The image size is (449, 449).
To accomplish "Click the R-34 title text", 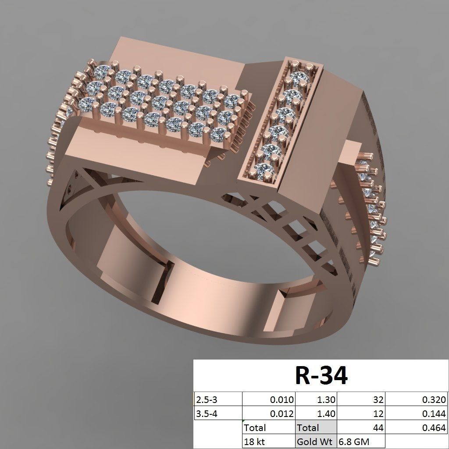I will coord(321,375).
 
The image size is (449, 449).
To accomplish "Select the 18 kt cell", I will coord(255,442).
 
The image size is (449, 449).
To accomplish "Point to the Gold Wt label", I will coord(315,442).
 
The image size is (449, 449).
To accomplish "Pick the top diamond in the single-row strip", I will coord(299,79).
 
